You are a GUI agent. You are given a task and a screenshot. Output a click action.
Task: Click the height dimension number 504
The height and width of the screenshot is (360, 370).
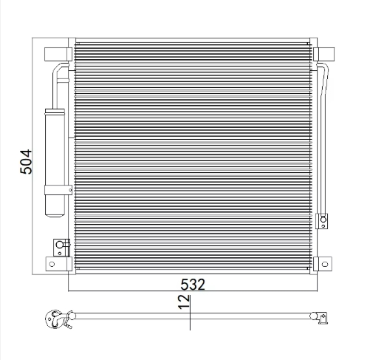coord(27,160)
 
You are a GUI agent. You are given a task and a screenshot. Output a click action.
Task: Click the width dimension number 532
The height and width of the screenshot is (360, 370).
coord(191,284)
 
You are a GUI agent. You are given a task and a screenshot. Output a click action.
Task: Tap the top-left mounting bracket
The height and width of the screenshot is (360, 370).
coord(55,53)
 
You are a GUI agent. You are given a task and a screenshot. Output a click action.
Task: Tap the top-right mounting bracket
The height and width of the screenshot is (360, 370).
coord(323,53)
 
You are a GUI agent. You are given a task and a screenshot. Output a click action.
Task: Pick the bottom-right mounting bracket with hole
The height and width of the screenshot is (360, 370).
coord(323,262)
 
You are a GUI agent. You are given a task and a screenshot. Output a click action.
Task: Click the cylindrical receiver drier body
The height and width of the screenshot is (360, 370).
coord(55,148)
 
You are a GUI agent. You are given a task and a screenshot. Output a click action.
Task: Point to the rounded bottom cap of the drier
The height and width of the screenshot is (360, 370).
coord(55,210)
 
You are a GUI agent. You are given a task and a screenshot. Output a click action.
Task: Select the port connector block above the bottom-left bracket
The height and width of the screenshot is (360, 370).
coord(58,245)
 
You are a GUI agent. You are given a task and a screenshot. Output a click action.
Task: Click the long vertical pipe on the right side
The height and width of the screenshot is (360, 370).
coord(328,140)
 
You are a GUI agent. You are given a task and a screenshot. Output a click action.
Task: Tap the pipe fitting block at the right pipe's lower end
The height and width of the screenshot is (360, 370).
coord(323,220)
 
